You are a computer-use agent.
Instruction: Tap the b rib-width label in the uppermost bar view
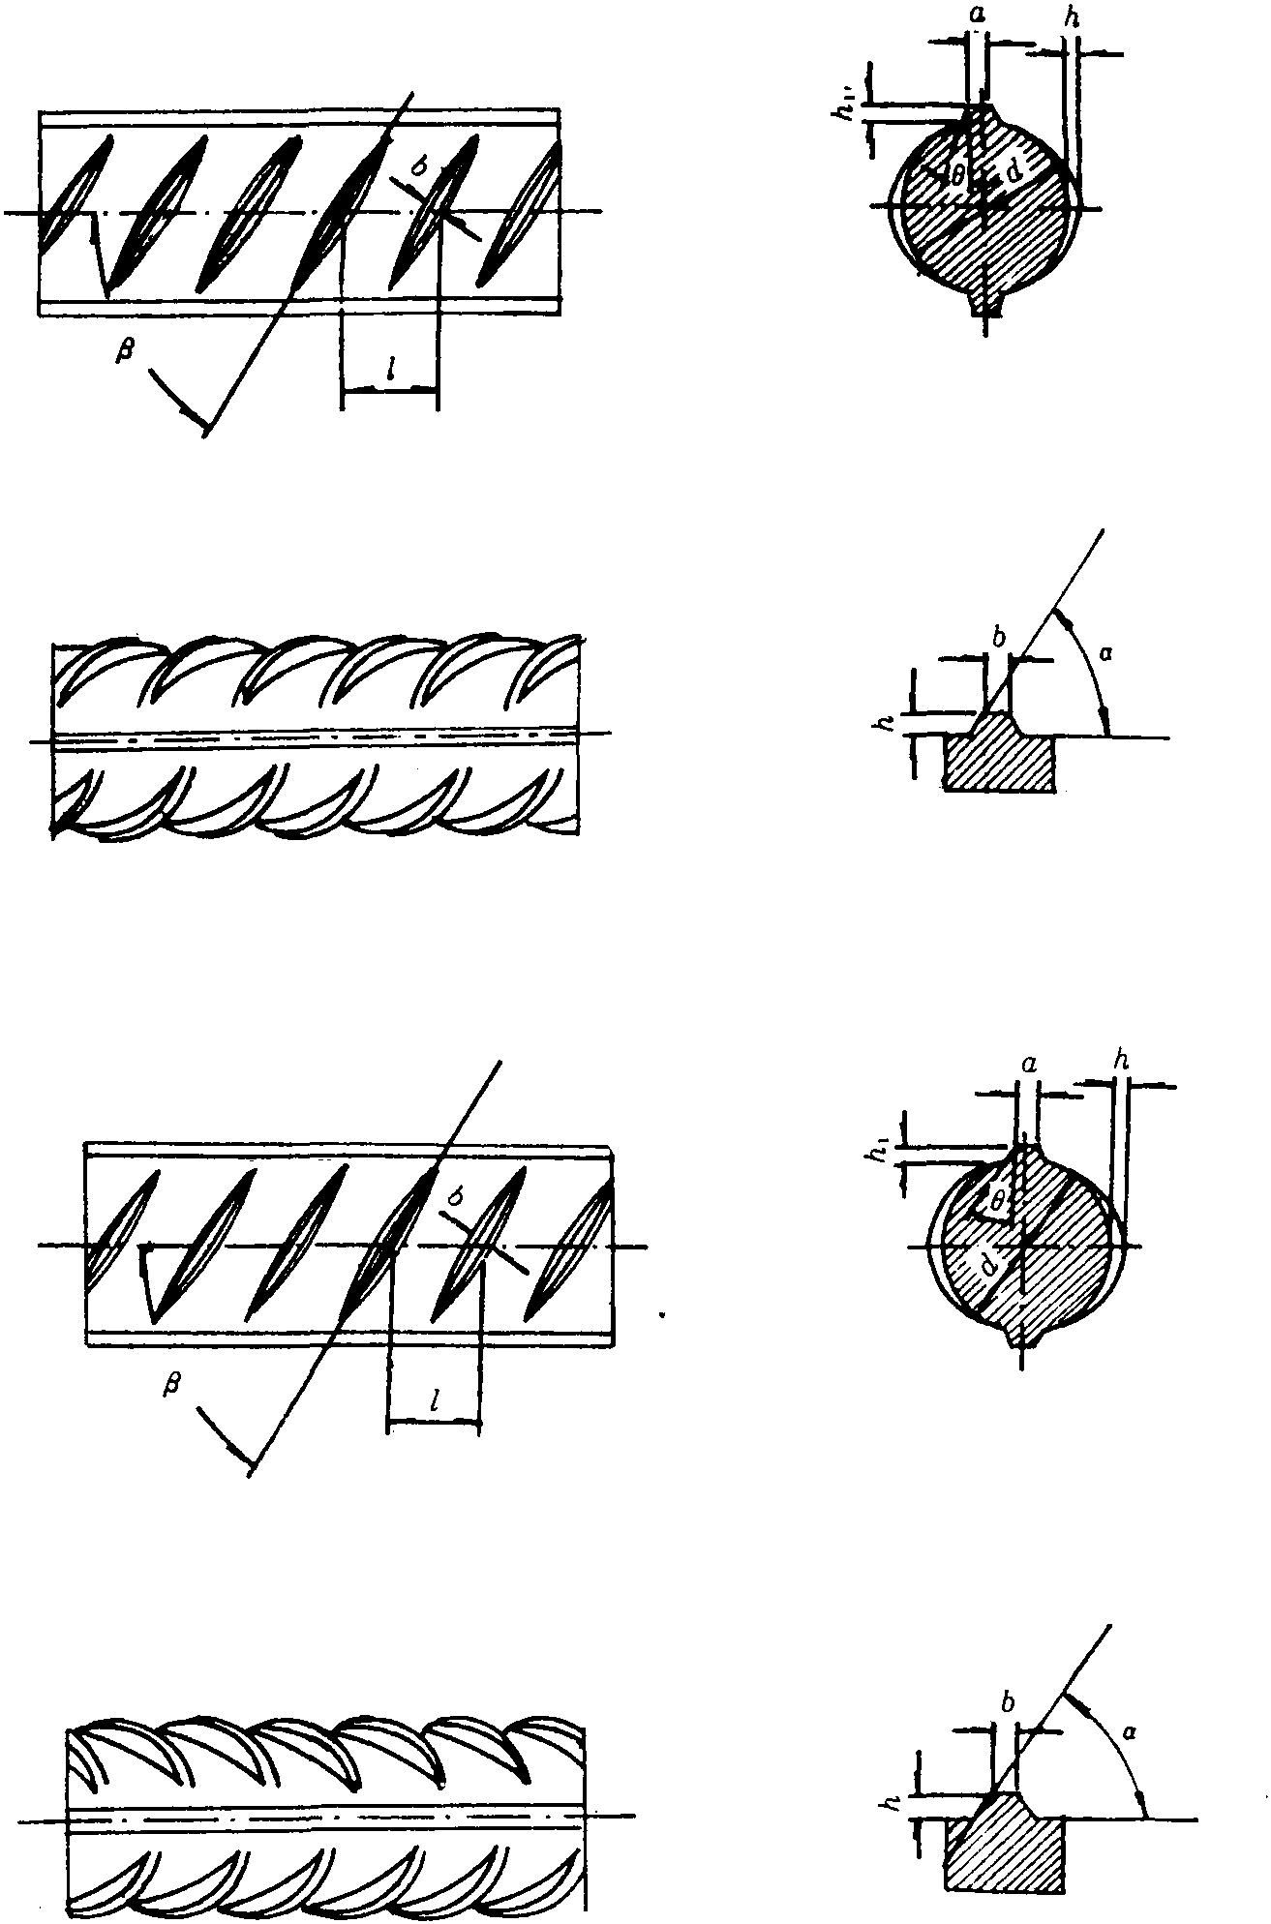coord(418,165)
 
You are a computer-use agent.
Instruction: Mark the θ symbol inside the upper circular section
coord(955,176)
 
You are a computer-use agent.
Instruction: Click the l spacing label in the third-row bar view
coord(436,1399)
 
